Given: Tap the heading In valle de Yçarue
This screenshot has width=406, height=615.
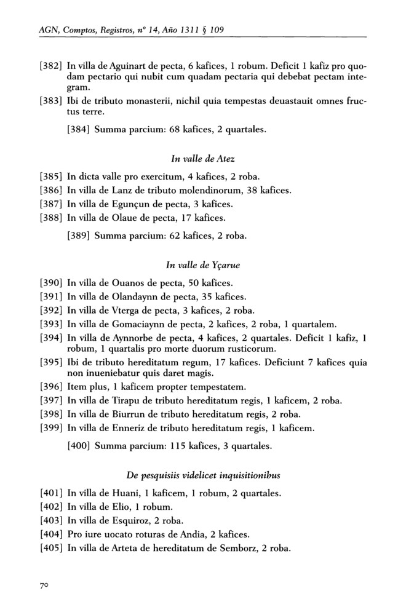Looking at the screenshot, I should coord(203,266).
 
